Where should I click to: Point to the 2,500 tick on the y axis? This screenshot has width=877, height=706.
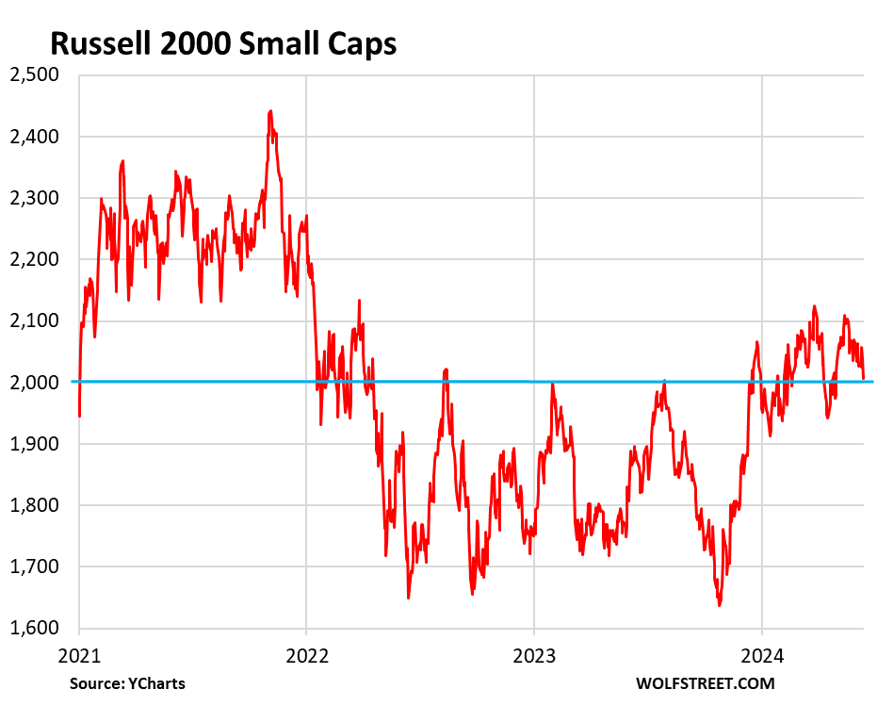pyautogui.click(x=34, y=75)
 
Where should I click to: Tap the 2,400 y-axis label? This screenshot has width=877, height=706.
pyautogui.click(x=34, y=137)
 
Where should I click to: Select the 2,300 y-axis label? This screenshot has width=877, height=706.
pyautogui.click(x=34, y=198)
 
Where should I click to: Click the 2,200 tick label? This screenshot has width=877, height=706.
pyautogui.click(x=34, y=259)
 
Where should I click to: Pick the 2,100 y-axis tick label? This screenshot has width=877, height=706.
pyautogui.click(x=34, y=320)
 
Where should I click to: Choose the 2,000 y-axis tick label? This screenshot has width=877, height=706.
pyautogui.click(x=34, y=382)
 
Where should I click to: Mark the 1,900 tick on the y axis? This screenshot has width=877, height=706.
pyautogui.click(x=34, y=444)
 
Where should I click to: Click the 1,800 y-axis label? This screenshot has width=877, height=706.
pyautogui.click(x=34, y=505)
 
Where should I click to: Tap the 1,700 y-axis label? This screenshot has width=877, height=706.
pyautogui.click(x=34, y=566)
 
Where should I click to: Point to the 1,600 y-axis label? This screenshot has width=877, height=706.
pyautogui.click(x=34, y=628)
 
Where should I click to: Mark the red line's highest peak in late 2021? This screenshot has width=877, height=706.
pyautogui.click(x=270, y=111)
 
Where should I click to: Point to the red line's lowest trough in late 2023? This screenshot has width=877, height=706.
pyautogui.click(x=720, y=605)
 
